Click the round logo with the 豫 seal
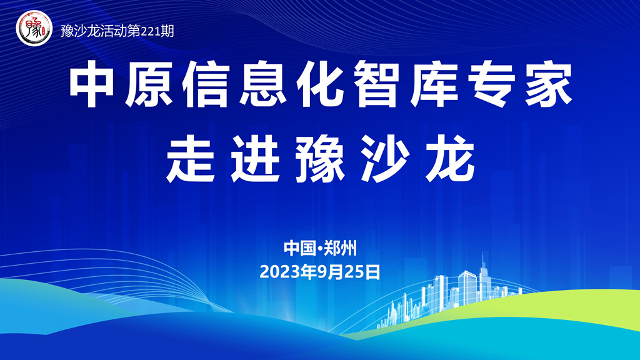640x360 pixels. point(34,28)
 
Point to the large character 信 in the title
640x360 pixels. point(205,84)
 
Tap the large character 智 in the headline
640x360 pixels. point(376,84)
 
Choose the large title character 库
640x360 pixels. point(434,84)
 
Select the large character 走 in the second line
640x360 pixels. point(191,159)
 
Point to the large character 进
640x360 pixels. point(255,159)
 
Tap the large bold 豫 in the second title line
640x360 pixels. point(320,159)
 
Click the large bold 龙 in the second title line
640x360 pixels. point(450,159)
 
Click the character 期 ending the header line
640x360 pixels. point(167,31)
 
